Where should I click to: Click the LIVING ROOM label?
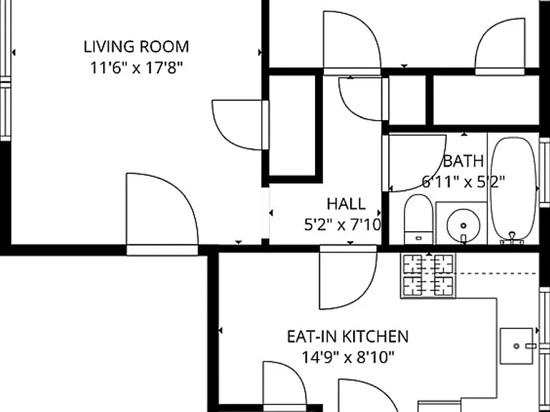point(136,47)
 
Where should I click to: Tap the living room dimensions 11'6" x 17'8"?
point(137,68)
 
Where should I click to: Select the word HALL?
point(346,204)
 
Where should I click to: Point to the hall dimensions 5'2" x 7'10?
point(343,225)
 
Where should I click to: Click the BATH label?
point(463,161)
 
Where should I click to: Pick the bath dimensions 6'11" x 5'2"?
point(463,182)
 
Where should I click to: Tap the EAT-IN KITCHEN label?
point(347,337)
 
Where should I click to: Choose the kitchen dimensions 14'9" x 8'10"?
point(348,358)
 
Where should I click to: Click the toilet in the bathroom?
point(418,220)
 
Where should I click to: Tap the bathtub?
point(513,189)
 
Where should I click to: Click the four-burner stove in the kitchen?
point(428,275)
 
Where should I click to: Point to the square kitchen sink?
point(516,346)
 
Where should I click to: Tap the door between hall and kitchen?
point(348,278)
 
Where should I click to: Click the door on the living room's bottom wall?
point(162,215)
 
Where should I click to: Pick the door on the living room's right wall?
point(241,125)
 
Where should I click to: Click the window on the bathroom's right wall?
point(544,172)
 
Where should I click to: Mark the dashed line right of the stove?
point(496,273)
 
